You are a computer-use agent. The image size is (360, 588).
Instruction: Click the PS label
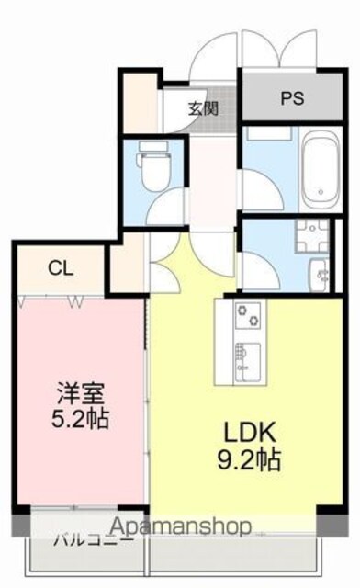click(292, 98)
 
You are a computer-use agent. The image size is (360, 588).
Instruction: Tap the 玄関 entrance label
click(203, 108)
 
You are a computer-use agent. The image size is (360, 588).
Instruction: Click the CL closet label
click(61, 268)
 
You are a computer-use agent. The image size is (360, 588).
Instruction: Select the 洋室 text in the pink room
click(80, 392)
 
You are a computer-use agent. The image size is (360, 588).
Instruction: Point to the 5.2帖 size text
click(80, 419)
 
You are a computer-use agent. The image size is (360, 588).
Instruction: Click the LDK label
click(250, 432)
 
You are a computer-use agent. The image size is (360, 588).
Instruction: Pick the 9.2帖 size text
click(249, 460)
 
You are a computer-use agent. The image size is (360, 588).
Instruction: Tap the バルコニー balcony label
click(94, 541)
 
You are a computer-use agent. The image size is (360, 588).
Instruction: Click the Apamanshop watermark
click(181, 526)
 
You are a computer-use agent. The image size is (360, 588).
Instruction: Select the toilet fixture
click(153, 164)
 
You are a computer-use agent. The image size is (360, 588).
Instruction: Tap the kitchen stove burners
click(248, 315)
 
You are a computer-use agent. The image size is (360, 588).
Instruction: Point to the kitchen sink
click(248, 361)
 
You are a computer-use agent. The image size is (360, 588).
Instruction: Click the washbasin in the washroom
click(320, 275)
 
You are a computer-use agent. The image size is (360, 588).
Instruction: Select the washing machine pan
click(312, 235)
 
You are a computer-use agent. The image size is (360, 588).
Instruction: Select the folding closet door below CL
click(51, 301)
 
